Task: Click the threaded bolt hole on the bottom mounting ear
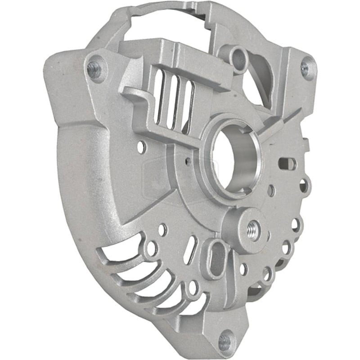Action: point(227,338)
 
